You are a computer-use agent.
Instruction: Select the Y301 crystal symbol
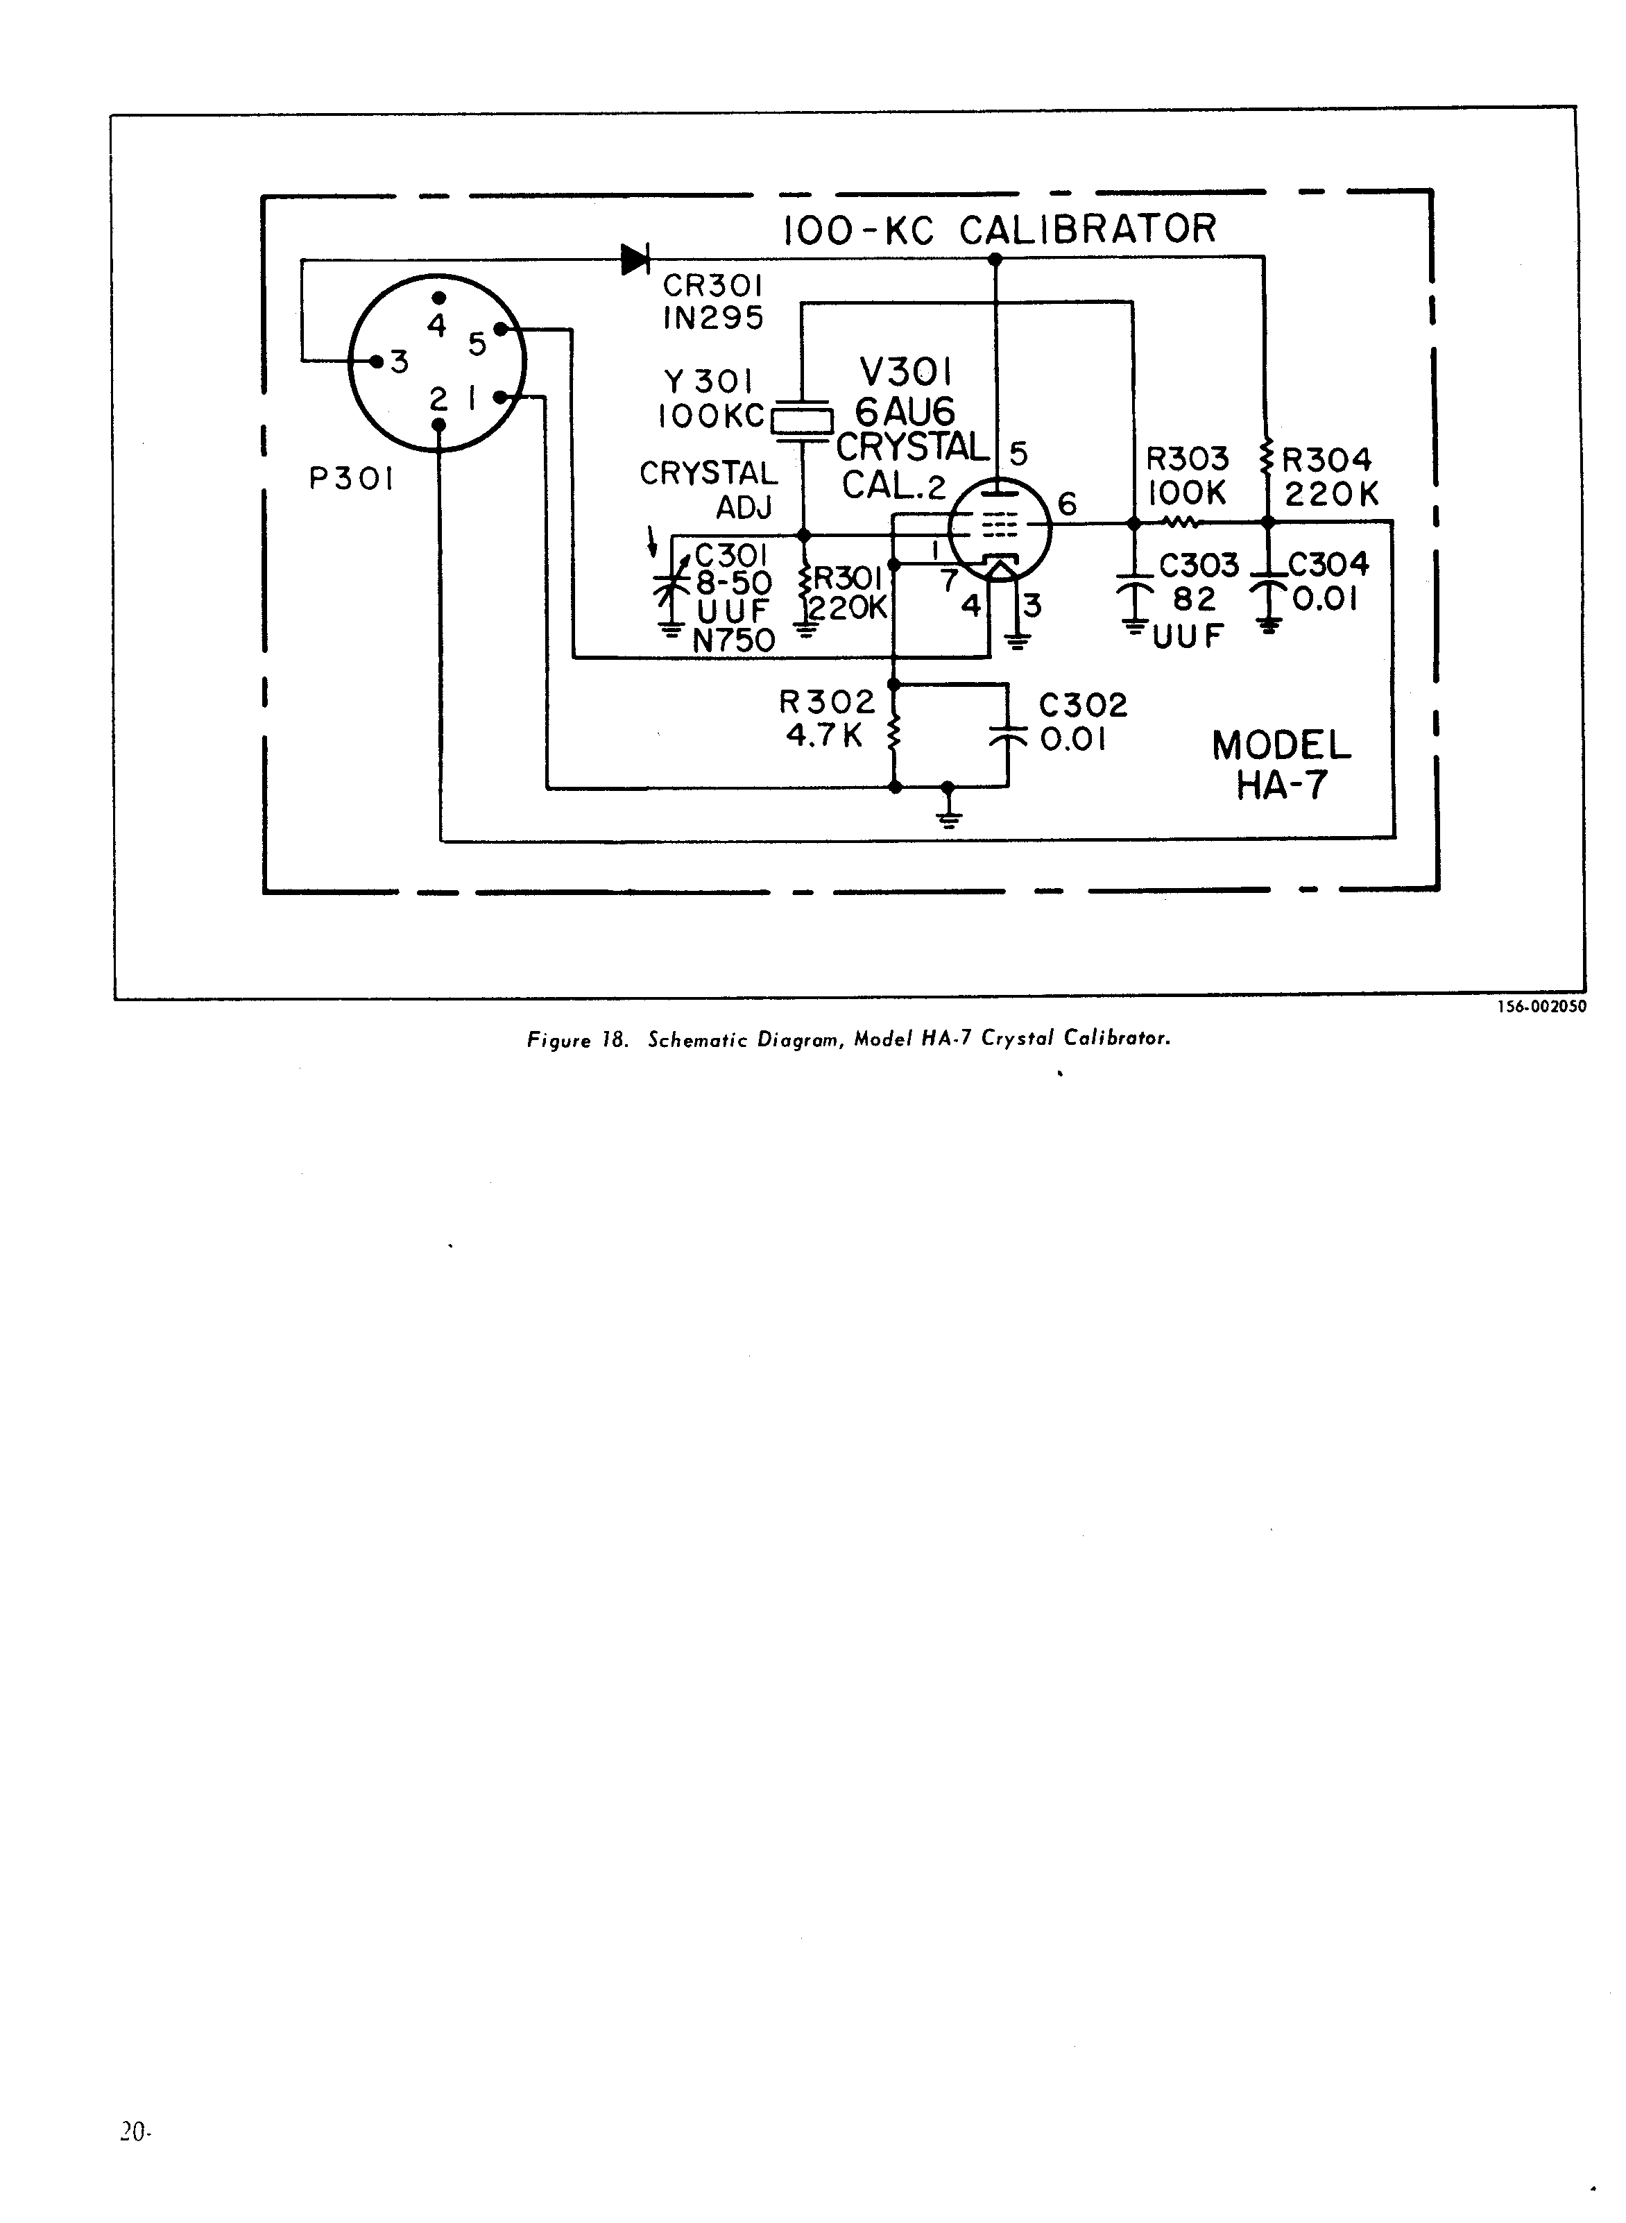coord(801,420)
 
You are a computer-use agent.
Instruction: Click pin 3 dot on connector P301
coord(376,361)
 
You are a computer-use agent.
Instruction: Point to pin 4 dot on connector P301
coord(440,298)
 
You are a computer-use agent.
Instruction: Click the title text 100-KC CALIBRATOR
coord(999,230)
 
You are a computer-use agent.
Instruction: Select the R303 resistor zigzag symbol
coord(1179,522)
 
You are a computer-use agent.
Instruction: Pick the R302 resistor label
coord(827,703)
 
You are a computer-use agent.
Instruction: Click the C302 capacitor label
coord(1083,706)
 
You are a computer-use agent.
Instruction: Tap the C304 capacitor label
coord(1328,564)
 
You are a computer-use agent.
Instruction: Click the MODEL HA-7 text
coord(1281,765)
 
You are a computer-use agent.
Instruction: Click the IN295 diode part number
coord(712,318)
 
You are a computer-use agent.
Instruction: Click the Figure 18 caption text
coord(848,1039)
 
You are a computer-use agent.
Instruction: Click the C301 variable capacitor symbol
coord(672,588)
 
